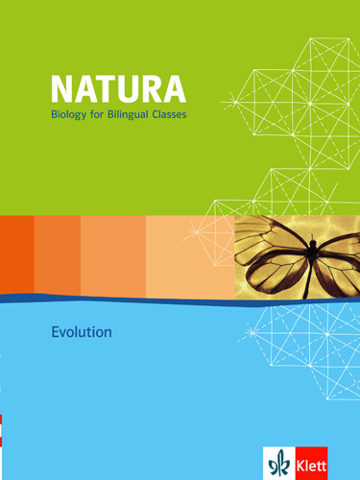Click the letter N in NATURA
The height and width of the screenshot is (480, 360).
pyautogui.click(x=63, y=91)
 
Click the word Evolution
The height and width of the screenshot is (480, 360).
pyautogui.click(x=83, y=333)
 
